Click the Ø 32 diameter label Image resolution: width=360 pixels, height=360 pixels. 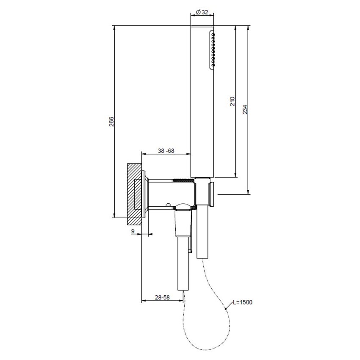tap(202, 12)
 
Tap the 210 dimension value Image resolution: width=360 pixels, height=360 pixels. tap(232, 101)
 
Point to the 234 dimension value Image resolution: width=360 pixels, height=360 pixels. tap(245, 109)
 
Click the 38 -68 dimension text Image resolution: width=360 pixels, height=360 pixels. tap(166, 151)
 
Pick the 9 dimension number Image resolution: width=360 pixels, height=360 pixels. tap(133, 231)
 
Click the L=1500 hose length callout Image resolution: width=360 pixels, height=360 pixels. tap(243, 302)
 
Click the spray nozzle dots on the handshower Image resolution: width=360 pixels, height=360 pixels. tap(213, 49)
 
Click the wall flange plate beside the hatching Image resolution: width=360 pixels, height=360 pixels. tap(146, 194)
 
